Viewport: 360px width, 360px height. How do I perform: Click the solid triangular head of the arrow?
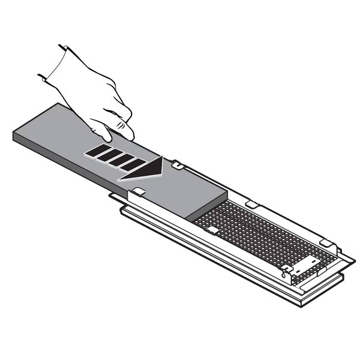[142, 168]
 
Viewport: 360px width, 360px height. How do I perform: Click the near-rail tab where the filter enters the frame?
[137, 192]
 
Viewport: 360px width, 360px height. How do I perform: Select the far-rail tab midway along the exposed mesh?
[251, 205]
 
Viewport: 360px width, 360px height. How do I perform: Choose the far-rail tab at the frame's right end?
[326, 243]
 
